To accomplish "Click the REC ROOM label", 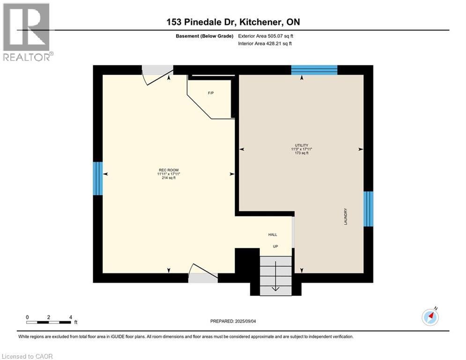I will point(169,170).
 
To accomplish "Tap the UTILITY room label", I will point(301,145).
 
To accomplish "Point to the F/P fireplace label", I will point(211,93).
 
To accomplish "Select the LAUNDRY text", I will point(346,217).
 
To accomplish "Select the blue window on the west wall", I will point(97,178).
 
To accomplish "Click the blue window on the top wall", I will point(314,70).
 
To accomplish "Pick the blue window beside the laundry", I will point(369,209).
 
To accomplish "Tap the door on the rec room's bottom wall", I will point(203,274).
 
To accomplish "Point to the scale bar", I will point(49,322).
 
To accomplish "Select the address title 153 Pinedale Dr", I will point(232,22).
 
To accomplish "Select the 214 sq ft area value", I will point(169,178).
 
